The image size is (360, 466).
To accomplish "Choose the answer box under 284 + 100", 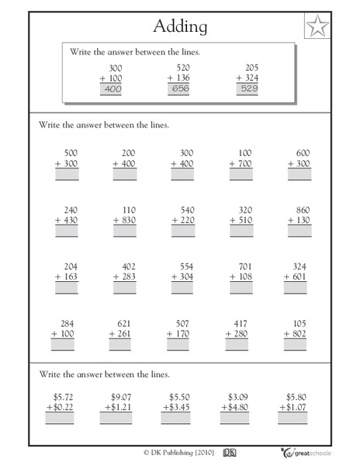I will pos(67,345).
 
